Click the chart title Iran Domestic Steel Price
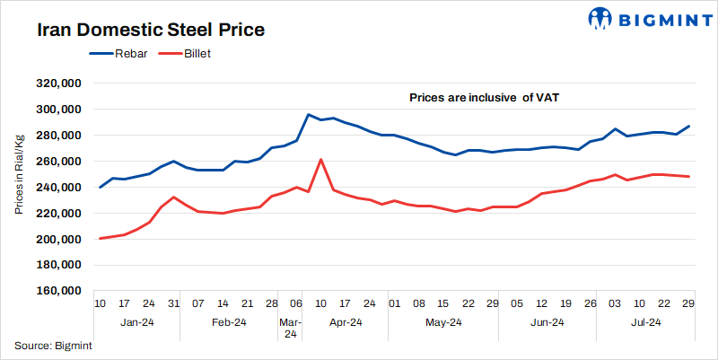(x=150, y=29)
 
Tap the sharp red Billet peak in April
(x=321, y=160)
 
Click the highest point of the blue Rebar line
(x=309, y=115)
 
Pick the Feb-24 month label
(x=229, y=321)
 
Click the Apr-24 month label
(x=345, y=321)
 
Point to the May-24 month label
(x=443, y=321)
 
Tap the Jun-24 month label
(x=547, y=321)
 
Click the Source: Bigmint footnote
(x=53, y=345)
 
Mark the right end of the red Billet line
(x=688, y=176)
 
